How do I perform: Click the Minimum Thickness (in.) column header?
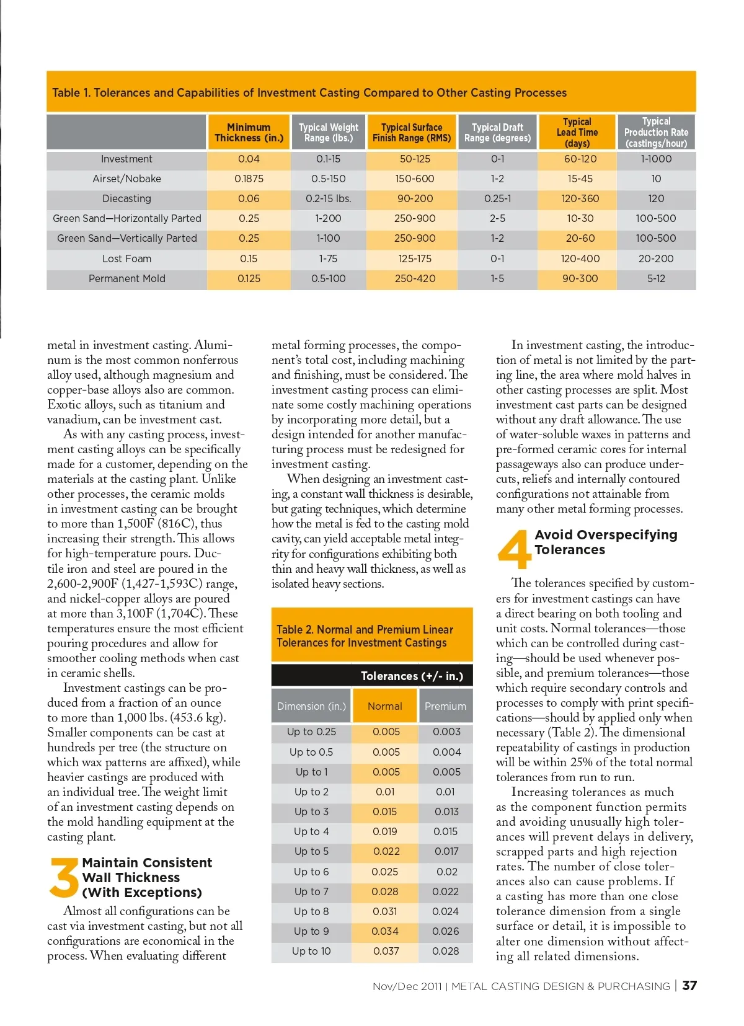(x=249, y=133)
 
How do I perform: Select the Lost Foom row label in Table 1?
(x=126, y=259)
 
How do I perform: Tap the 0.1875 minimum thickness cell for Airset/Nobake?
(x=249, y=179)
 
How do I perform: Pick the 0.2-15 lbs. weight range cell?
(x=328, y=198)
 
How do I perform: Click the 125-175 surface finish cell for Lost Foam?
(x=414, y=259)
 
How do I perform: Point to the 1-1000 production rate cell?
(x=656, y=159)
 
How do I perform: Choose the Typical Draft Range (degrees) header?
(x=497, y=133)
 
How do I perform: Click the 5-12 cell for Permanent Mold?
(x=656, y=278)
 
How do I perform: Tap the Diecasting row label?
(x=126, y=198)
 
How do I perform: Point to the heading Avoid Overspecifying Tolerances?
(x=605, y=542)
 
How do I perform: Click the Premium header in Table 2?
(x=445, y=706)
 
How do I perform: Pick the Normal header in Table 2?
(x=384, y=706)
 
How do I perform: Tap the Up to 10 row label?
(x=311, y=951)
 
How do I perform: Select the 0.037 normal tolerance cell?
(x=386, y=951)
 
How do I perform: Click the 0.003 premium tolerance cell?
(x=446, y=732)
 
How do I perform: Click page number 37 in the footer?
(x=689, y=986)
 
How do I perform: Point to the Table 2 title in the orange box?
(x=365, y=636)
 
